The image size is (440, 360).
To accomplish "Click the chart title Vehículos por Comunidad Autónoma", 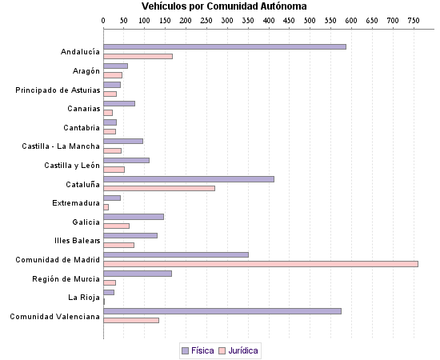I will point(218,6).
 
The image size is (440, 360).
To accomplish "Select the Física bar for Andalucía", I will point(225,46).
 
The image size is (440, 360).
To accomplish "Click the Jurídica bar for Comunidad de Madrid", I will point(261,264).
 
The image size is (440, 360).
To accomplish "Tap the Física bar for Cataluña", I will point(189,179).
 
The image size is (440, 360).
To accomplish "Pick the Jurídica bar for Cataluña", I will point(159,188).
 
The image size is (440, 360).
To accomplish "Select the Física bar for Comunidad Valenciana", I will point(222,311).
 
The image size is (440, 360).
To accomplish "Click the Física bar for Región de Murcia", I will point(138,274).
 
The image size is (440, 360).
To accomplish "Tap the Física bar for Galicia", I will point(134,217).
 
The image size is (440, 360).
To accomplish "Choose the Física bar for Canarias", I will point(119,103).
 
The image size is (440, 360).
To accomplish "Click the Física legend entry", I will point(198,350).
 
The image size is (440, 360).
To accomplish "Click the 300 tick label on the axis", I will point(227,19).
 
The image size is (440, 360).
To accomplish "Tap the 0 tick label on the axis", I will point(104,19).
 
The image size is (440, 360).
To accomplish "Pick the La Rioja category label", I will point(84,298).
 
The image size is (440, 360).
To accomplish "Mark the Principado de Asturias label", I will point(58,90).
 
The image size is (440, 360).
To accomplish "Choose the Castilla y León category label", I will point(72,165).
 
